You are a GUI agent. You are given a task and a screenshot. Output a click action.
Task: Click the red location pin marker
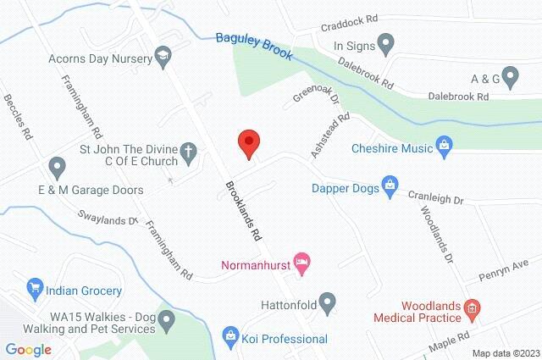pyautogui.click(x=247, y=143)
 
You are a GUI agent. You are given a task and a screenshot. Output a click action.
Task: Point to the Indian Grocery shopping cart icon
pyautogui.click(x=36, y=287)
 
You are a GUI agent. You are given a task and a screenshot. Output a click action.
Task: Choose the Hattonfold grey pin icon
pyautogui.click(x=328, y=301)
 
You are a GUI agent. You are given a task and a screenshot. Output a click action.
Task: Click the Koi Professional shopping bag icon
pyautogui.click(x=229, y=336)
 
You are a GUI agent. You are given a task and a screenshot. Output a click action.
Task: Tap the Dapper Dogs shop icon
pyautogui.click(x=389, y=185)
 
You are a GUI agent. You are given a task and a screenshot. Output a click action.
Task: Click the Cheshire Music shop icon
pyautogui.click(x=444, y=147)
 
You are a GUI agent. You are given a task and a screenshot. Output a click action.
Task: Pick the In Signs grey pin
pyautogui.click(x=385, y=41)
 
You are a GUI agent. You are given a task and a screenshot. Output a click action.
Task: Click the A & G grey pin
pyautogui.click(x=510, y=79)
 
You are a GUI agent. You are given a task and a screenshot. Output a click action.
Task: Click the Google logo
pyautogui.click(x=28, y=348)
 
